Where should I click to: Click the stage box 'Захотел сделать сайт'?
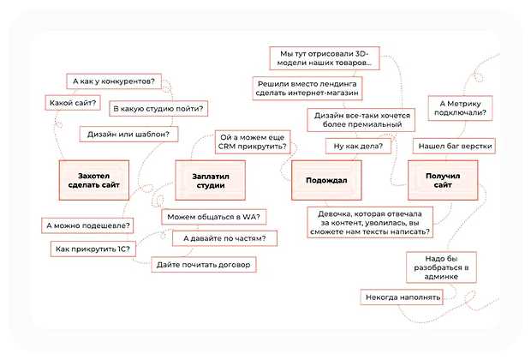(x=92, y=179)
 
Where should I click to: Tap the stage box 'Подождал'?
(x=325, y=179)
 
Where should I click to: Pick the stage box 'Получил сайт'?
(x=442, y=179)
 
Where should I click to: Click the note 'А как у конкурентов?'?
(x=113, y=81)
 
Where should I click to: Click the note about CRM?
(x=253, y=141)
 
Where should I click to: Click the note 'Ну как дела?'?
(x=358, y=147)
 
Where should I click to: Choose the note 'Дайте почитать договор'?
(x=204, y=265)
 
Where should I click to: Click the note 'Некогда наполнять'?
(x=402, y=297)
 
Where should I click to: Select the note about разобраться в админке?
(x=439, y=267)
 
